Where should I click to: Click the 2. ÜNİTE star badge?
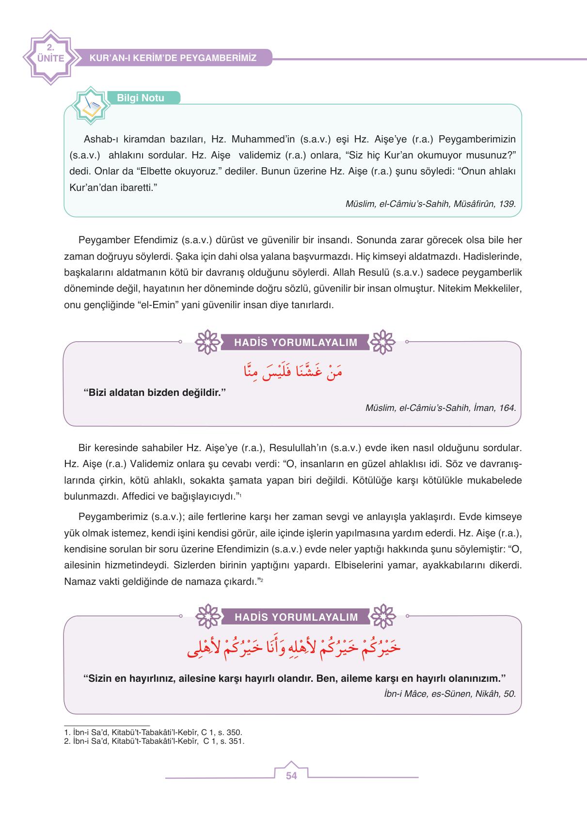click(x=49, y=58)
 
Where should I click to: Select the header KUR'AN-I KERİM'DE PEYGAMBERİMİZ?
click(x=173, y=58)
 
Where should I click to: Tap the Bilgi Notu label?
click(x=141, y=98)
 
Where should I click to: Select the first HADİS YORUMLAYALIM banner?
click(x=296, y=343)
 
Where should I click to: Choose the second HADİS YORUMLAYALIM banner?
click(x=296, y=617)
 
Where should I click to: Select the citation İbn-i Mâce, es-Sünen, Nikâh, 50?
click(x=449, y=693)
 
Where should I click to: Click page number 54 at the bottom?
click(x=291, y=776)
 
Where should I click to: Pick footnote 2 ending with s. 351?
click(x=154, y=741)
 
